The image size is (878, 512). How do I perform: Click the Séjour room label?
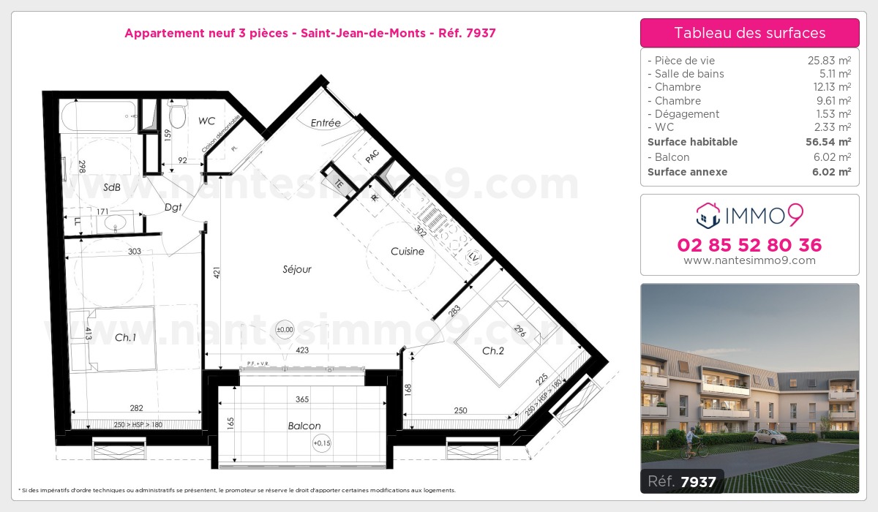pos(297,269)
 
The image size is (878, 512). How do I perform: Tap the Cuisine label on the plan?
pos(407,252)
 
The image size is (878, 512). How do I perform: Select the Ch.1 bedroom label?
pos(125,337)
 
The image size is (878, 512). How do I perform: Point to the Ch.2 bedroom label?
pos(493,351)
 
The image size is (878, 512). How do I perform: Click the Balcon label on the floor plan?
pos(304,426)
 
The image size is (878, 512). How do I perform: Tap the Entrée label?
pos(326,123)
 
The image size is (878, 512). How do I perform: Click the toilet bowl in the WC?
pos(178,115)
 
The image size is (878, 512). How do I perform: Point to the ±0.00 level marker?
pos(284,330)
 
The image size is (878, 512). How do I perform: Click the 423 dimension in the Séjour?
pos(302,350)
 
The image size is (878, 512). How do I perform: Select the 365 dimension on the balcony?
pos(302,399)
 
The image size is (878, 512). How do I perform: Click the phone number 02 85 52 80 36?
pos(749,245)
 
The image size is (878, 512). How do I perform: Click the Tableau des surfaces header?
pos(749,33)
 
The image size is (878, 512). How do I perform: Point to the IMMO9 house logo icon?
pos(707,215)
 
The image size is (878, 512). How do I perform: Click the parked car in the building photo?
pos(769,437)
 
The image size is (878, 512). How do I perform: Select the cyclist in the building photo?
pos(694,447)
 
